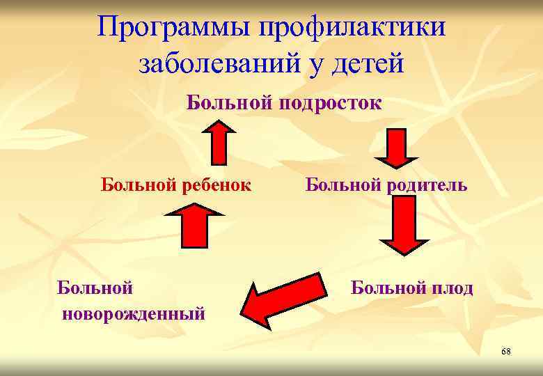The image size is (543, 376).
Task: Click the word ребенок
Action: click(216, 186)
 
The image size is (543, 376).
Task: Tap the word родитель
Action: click(427, 186)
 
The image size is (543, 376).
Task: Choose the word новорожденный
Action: click(134, 313)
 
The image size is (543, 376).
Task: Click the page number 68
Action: click(505, 352)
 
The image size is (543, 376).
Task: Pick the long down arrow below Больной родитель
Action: click(403, 226)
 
